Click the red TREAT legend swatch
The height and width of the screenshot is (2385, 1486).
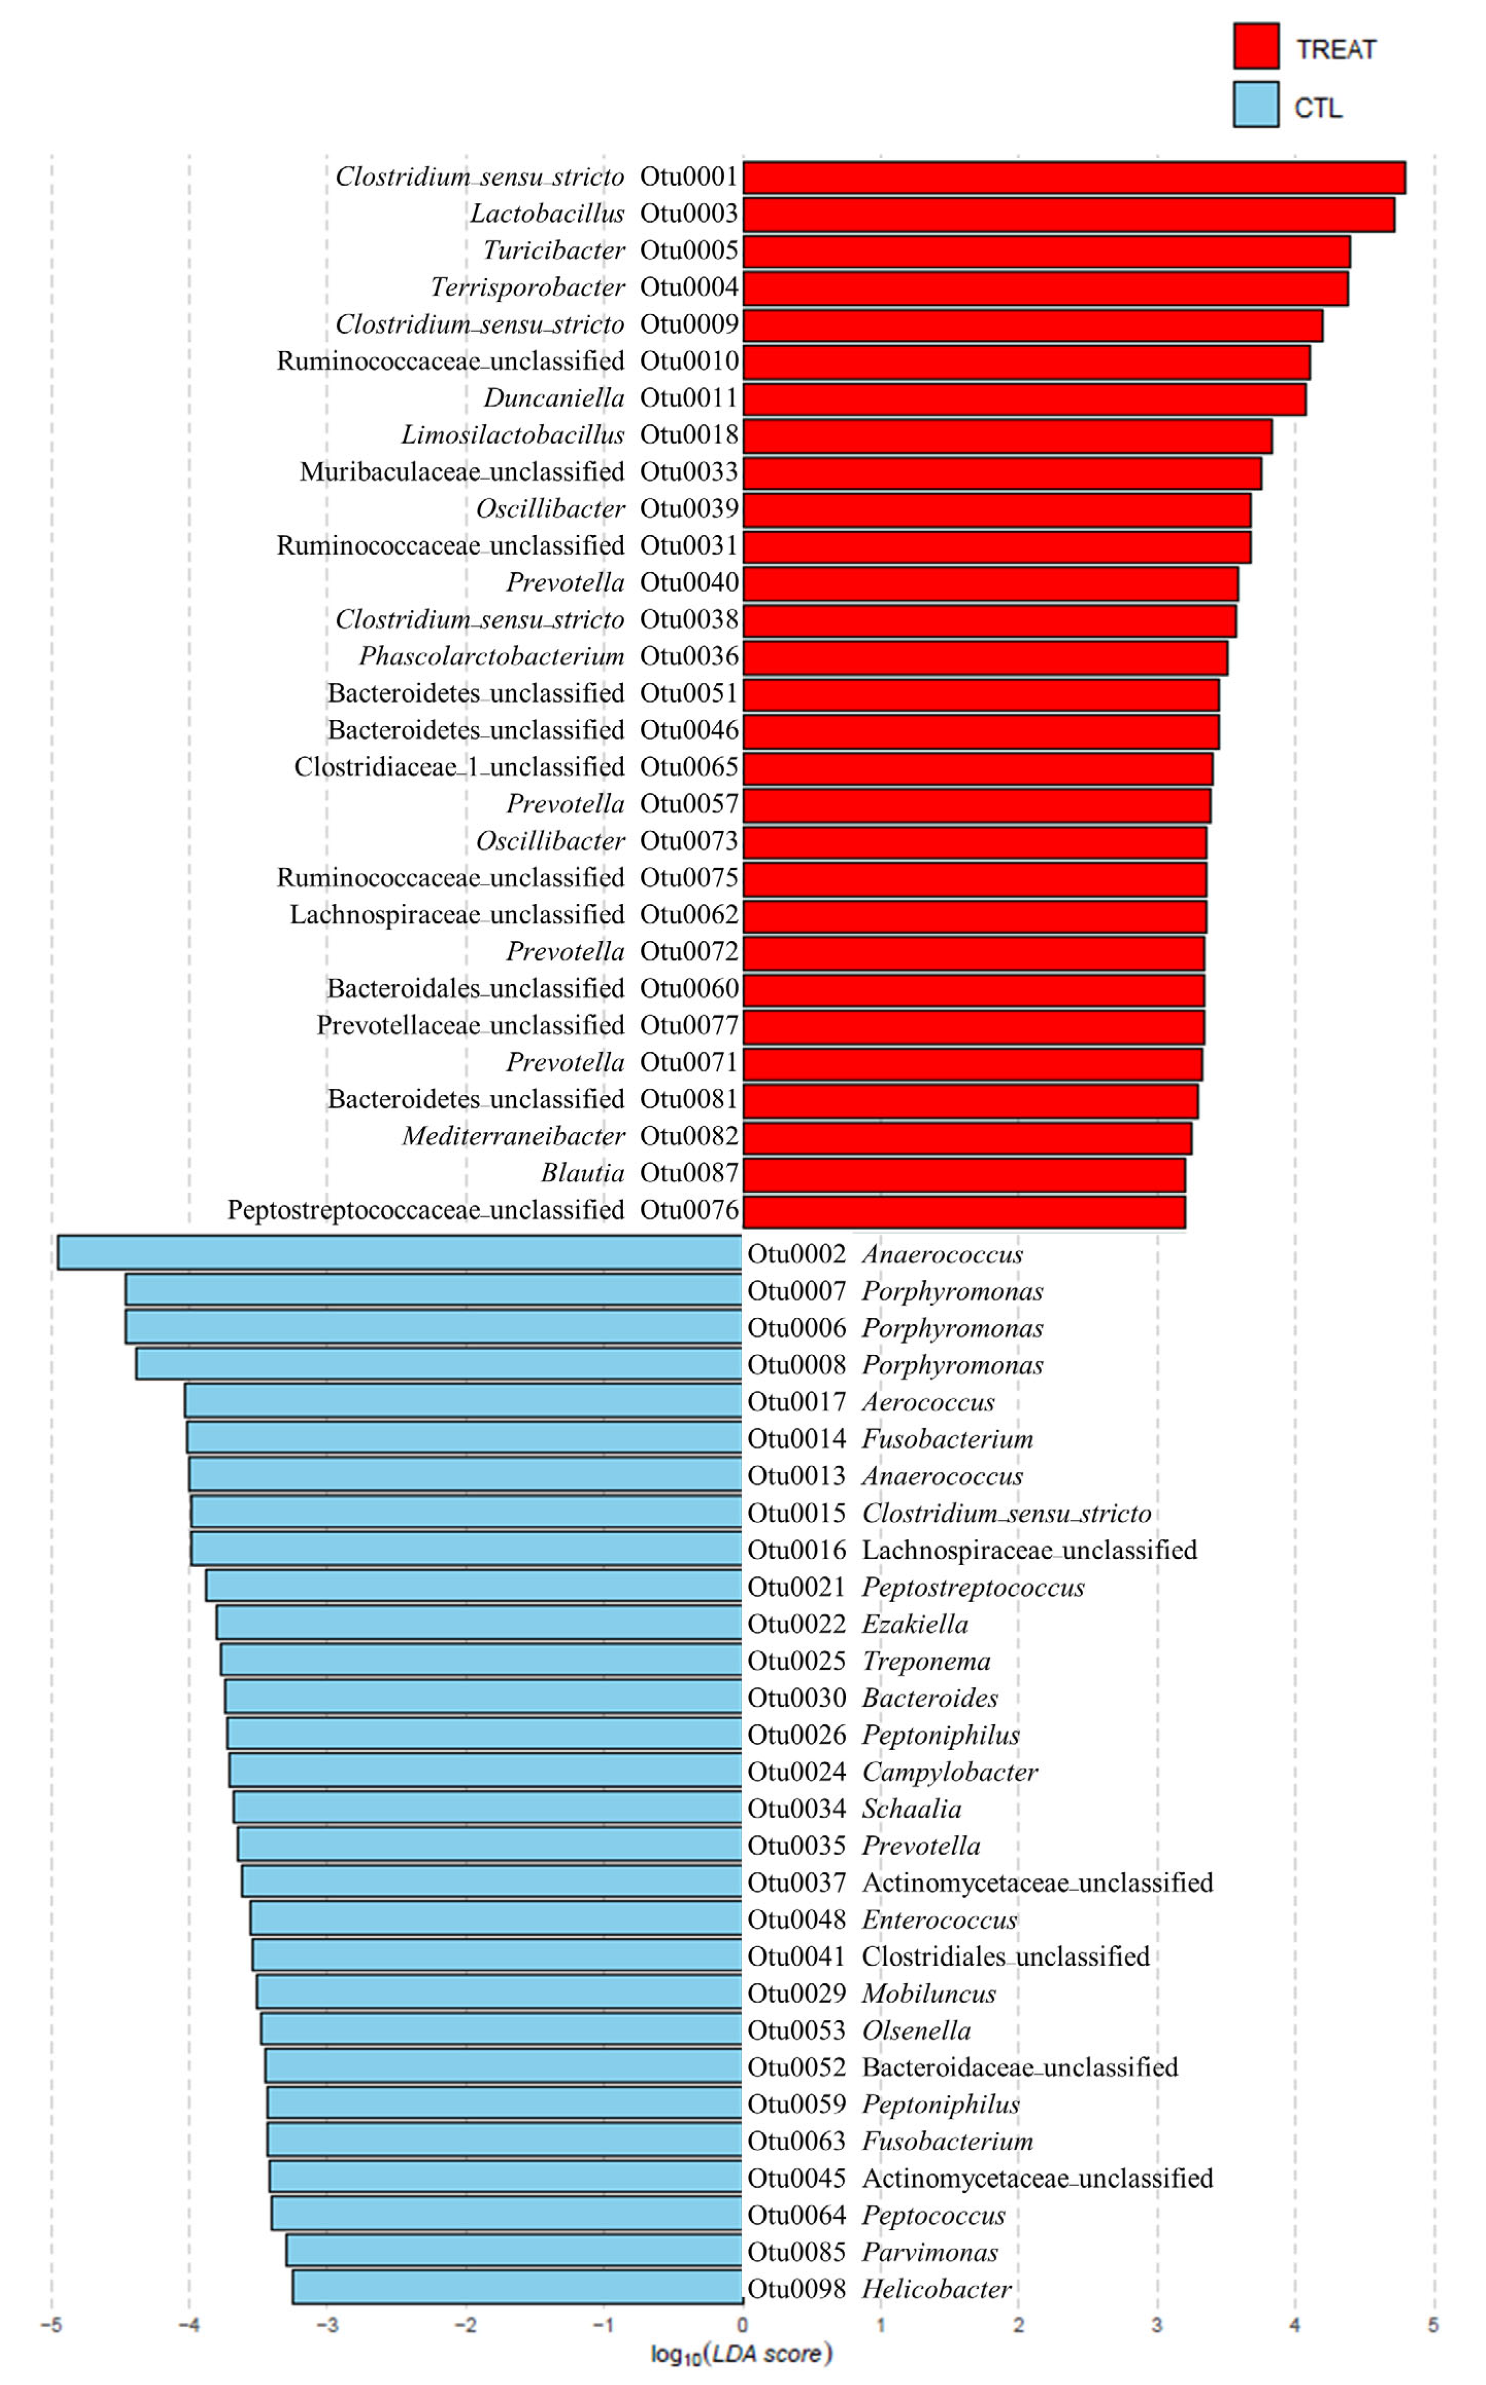click(1256, 46)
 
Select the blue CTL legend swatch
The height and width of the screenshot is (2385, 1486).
click(1256, 104)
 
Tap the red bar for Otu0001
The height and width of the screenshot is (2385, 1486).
click(1073, 178)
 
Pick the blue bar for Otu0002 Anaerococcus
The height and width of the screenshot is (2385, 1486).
click(399, 1253)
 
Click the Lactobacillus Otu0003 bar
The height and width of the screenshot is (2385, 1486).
click(1068, 214)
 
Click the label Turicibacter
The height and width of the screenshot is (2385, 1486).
click(553, 251)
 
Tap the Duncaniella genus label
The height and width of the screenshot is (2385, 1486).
click(553, 398)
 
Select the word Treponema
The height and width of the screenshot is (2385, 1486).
click(926, 1661)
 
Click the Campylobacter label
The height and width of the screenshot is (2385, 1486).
click(949, 1772)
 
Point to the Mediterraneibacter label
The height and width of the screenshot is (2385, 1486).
click(513, 1136)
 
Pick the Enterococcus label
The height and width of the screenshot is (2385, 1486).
click(938, 1919)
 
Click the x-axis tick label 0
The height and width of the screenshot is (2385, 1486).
click(742, 2325)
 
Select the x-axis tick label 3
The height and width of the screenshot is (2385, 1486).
click(1157, 2325)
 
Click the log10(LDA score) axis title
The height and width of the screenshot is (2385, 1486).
click(742, 2354)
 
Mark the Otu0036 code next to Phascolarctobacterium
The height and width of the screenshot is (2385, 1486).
click(688, 657)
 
